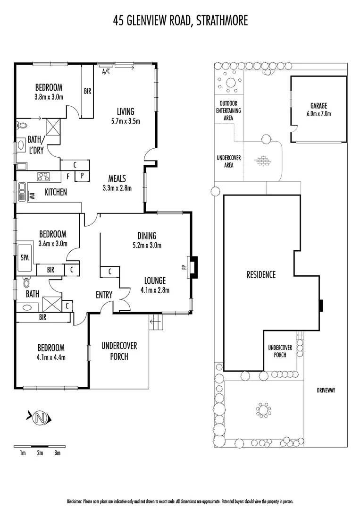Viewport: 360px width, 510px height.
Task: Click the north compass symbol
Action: tap(41, 417)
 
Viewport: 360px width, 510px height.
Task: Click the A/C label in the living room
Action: tap(106, 72)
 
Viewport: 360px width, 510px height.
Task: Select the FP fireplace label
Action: tap(183, 268)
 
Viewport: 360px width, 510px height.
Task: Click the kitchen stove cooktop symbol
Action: tap(44, 177)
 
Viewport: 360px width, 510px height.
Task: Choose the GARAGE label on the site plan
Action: tap(318, 106)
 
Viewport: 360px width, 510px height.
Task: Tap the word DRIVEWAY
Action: tap(326, 391)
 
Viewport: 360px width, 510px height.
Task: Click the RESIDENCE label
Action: tap(261, 274)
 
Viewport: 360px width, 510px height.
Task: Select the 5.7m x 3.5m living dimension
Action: tap(126, 121)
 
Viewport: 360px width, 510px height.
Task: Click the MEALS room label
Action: tap(117, 178)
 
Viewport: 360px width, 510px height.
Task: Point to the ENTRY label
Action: tap(104, 295)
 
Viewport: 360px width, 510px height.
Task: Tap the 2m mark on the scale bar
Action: tap(40, 453)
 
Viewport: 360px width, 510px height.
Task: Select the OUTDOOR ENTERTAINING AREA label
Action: tap(228, 110)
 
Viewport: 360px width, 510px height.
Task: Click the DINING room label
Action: tap(147, 236)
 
